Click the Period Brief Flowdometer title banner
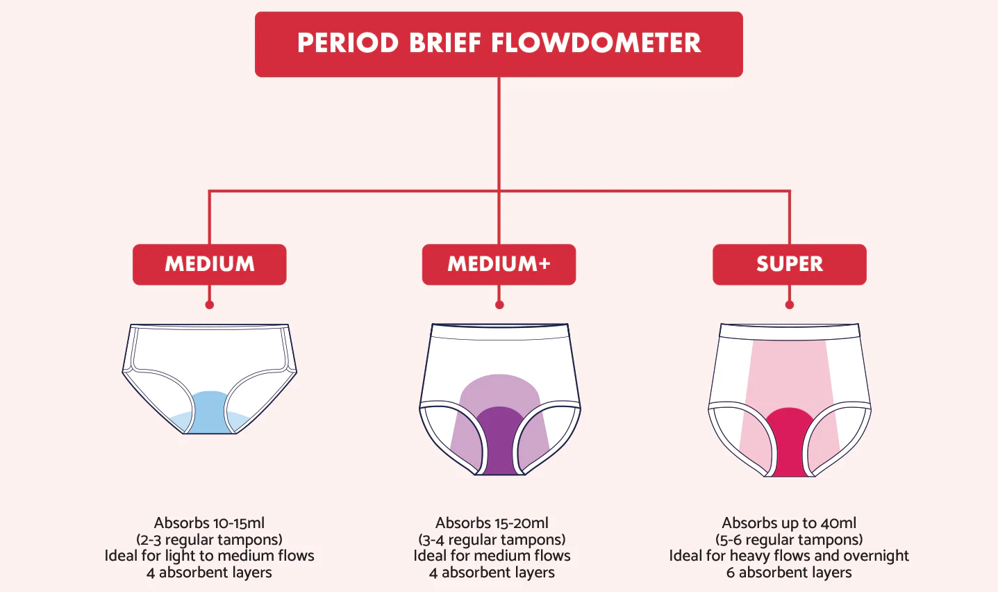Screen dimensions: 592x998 (499, 44)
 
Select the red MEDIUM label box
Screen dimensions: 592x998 (210, 265)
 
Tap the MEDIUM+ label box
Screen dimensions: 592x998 (499, 265)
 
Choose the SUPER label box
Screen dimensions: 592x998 (790, 265)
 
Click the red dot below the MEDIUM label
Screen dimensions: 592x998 (210, 304)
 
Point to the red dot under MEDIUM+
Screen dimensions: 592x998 (499, 304)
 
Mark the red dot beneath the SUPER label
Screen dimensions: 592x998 (790, 304)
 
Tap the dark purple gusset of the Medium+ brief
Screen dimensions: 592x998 (499, 441)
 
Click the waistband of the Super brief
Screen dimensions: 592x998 (790, 331)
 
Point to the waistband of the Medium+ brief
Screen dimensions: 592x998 (500, 331)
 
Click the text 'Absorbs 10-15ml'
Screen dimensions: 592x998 (209, 523)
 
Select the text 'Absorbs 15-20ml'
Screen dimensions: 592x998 (492, 523)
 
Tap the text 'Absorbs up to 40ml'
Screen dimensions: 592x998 (789, 523)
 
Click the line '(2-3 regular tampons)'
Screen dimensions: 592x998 (209, 540)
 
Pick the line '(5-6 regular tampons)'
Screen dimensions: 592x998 (789, 540)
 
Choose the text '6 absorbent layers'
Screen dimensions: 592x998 (789, 573)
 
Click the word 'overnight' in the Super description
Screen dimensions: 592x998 (876, 556)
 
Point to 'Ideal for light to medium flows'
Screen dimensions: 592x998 (209, 556)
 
